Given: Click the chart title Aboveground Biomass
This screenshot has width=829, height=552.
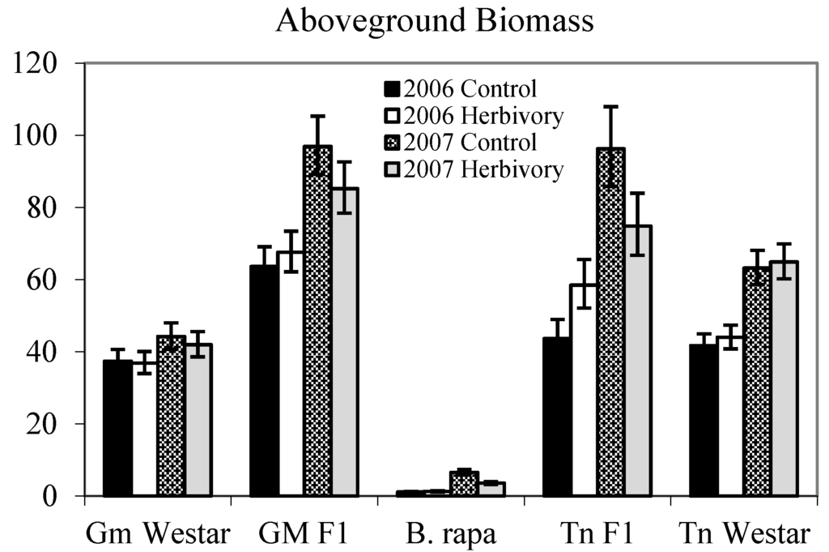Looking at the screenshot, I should [435, 21].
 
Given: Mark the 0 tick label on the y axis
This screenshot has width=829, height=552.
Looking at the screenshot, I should [59, 496].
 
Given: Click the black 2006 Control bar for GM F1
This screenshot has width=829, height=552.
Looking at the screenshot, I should [264, 381].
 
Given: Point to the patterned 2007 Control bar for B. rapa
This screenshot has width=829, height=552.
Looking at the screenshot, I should [464, 484].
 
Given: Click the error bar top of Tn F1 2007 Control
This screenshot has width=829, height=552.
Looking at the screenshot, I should [610, 106].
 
